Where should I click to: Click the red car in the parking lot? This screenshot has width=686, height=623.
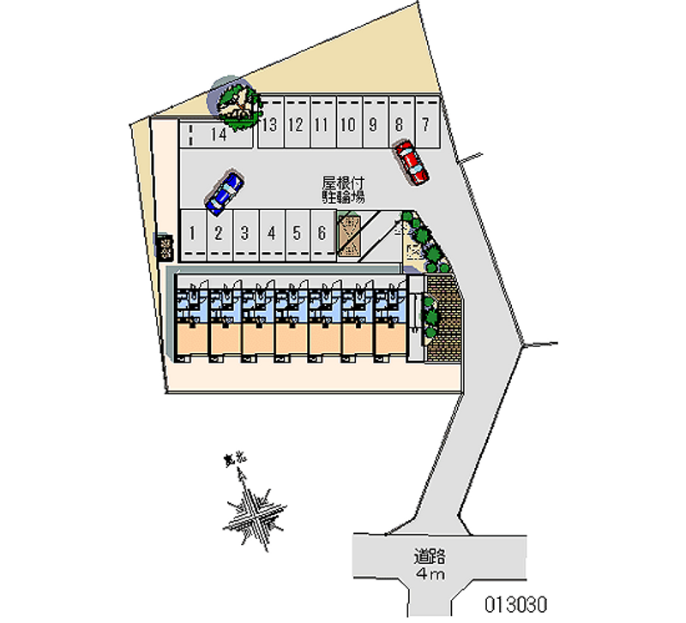click(x=411, y=162)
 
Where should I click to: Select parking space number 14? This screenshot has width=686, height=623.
click(x=217, y=134)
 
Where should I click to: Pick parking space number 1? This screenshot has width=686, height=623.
click(x=193, y=232)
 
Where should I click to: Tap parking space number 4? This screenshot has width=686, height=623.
click(x=270, y=232)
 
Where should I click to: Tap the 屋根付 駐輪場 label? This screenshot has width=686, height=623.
click(x=344, y=189)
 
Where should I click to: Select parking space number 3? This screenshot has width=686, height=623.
click(x=244, y=232)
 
